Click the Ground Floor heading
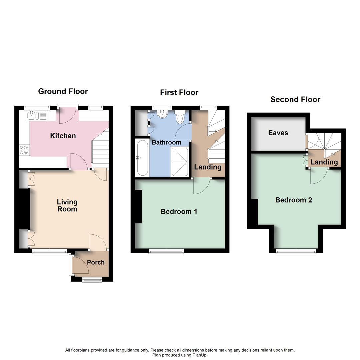pyautogui.click(x=63, y=91)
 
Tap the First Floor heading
pyautogui.click(x=179, y=92)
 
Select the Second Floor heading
pyautogui.click(x=295, y=99)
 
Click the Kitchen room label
pyautogui.click(x=63, y=136)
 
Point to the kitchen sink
pyautogui.click(x=33, y=116)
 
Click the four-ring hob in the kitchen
pyautogui.click(x=24, y=149)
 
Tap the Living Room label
pyautogui.click(x=67, y=205)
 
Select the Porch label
pyautogui.click(x=96, y=262)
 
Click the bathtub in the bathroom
pyautogui.click(x=142, y=158)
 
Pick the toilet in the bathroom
pyautogui.click(x=180, y=117)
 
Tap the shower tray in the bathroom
pyautogui.click(x=180, y=162)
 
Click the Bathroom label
pyautogui.click(x=166, y=142)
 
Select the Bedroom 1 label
pyautogui.click(x=179, y=211)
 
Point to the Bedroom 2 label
pyautogui.click(x=293, y=200)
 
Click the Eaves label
pyautogui.click(x=278, y=133)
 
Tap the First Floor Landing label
pyautogui.click(x=208, y=167)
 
